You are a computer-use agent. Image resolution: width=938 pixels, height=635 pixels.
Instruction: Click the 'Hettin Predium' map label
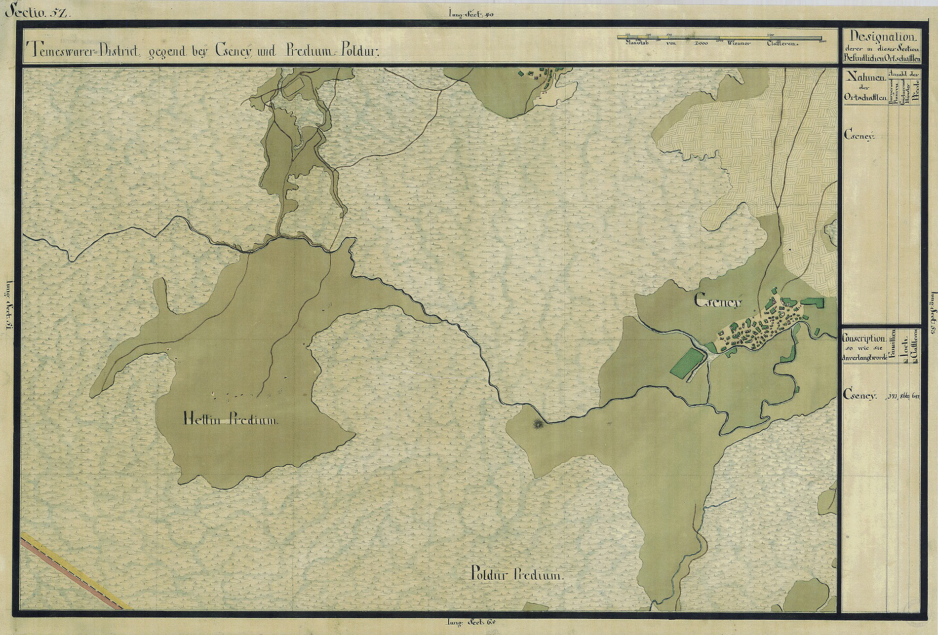[x=231, y=420]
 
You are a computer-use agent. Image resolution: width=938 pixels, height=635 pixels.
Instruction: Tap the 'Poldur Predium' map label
[x=516, y=575]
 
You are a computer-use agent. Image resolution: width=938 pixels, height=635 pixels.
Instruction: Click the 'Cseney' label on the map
[x=718, y=301]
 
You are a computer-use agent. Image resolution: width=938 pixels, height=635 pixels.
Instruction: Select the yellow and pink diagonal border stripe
[x=74, y=572]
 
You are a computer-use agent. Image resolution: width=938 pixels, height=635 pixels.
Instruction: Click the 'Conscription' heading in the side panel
[x=863, y=339]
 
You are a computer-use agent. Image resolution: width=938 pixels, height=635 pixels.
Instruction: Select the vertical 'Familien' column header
[x=894, y=345]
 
